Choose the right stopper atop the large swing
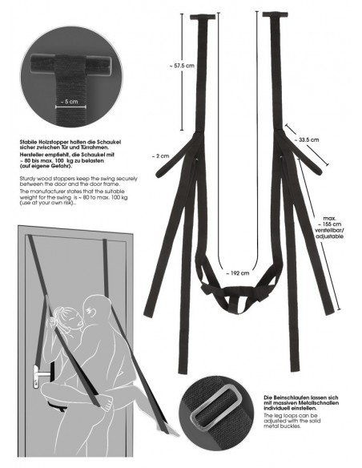(276, 14)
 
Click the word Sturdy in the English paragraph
(29, 196)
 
